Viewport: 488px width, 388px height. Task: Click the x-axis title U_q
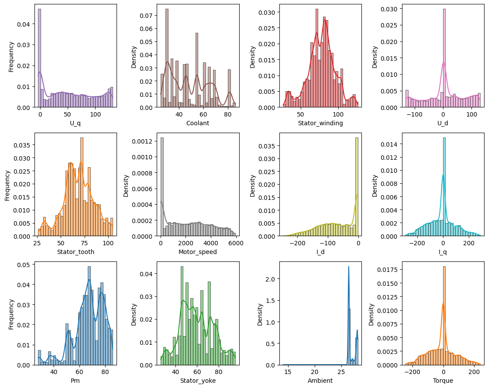click(76, 123)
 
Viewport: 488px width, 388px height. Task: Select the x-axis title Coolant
click(198, 123)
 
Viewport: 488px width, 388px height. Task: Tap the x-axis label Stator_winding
click(320, 123)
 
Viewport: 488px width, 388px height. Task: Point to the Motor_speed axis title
click(198, 252)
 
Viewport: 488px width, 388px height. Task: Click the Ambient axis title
click(320, 381)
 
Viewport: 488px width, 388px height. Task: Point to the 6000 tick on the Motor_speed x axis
click(235, 243)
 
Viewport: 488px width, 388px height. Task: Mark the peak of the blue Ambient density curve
click(349, 267)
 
